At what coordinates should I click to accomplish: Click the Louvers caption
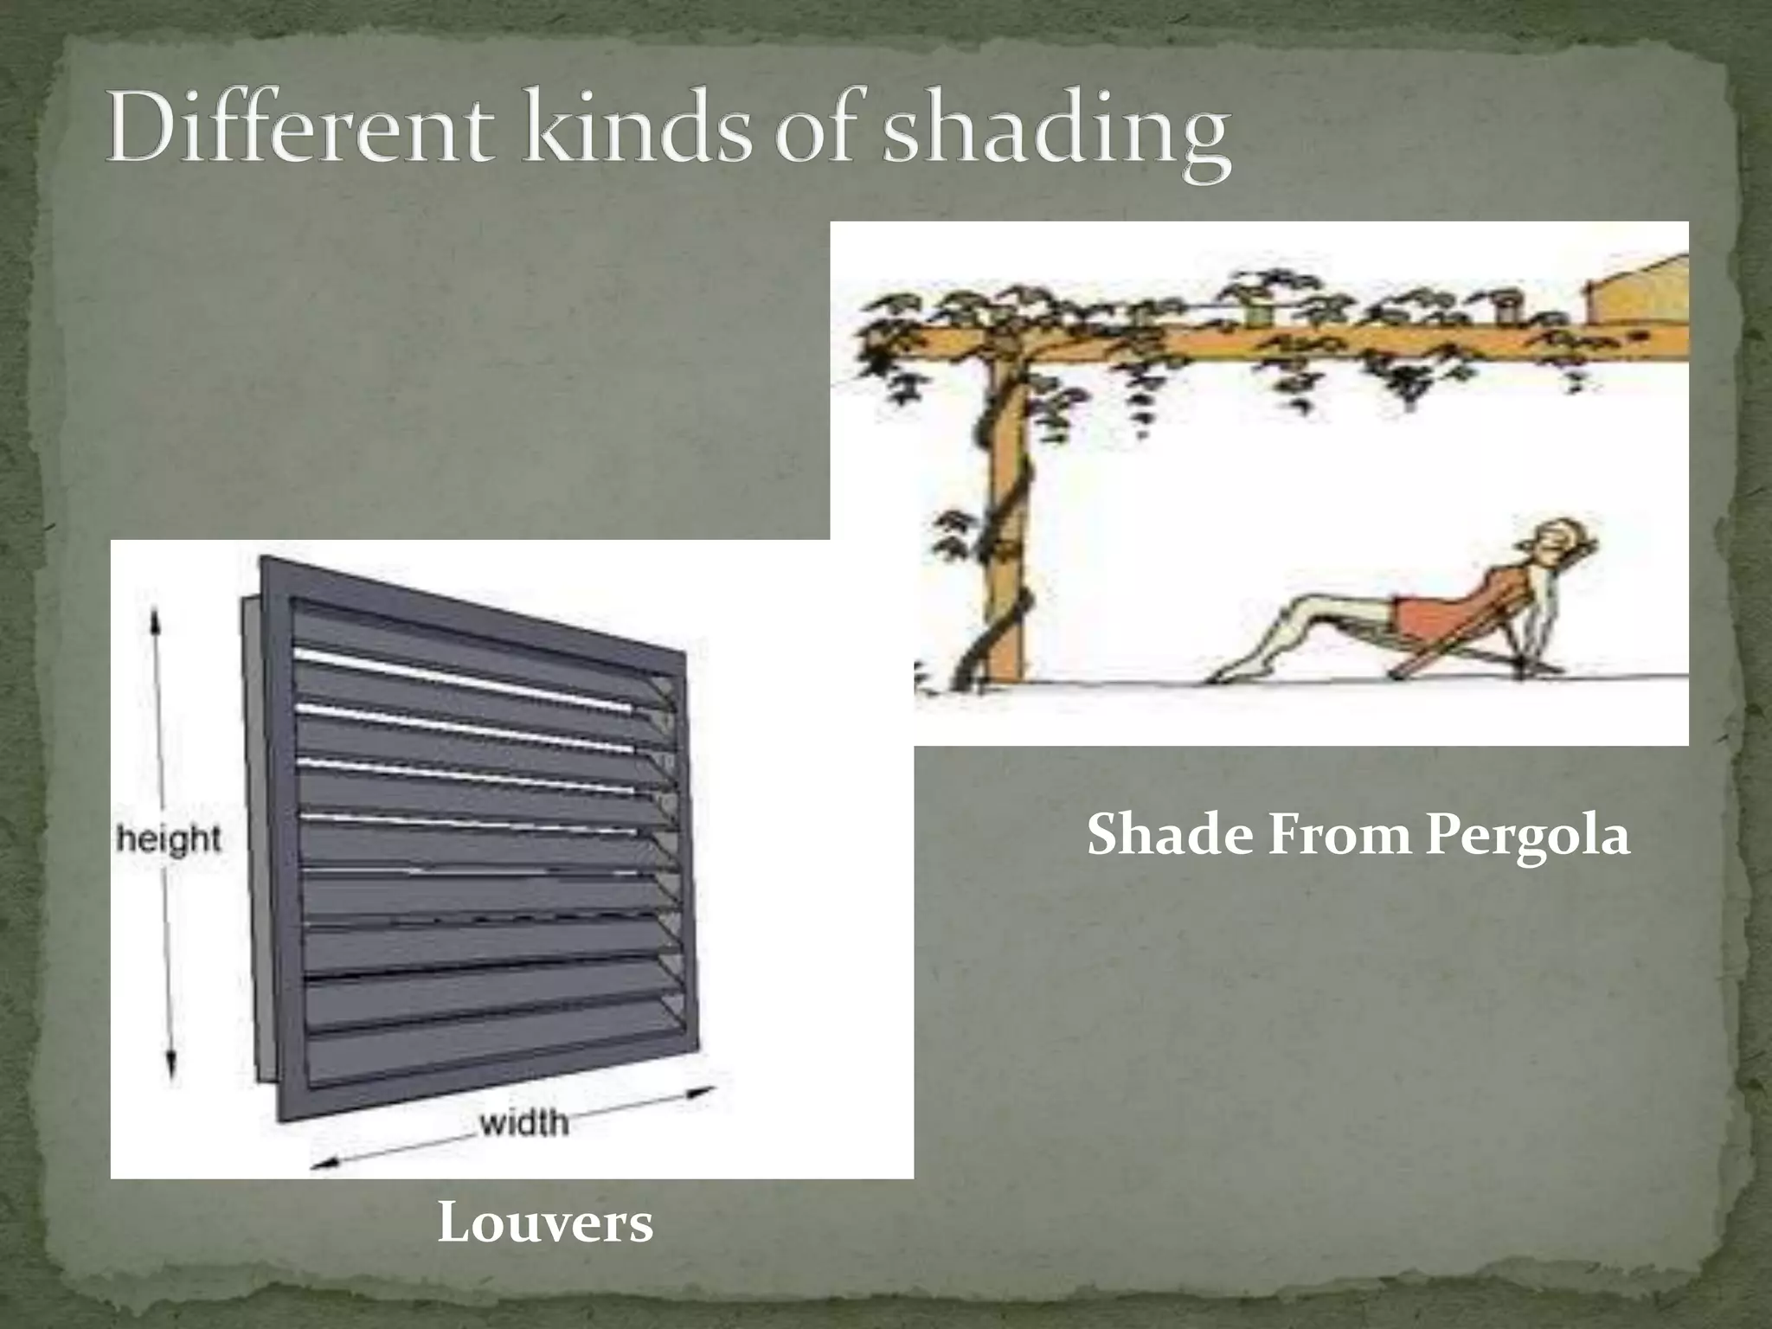[x=545, y=1223]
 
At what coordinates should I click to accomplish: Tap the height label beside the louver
[x=170, y=839]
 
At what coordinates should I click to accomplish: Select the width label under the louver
[x=523, y=1123]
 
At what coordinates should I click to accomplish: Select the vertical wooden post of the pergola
[x=1005, y=519]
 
